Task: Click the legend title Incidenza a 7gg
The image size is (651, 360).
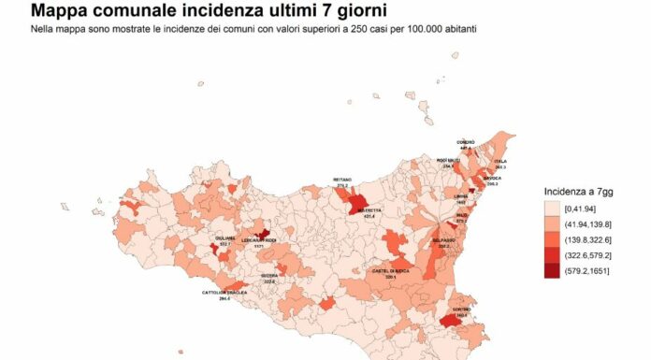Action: coord(582,191)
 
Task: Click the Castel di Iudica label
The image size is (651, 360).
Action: coord(390,271)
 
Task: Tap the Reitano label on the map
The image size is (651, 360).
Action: coord(341,180)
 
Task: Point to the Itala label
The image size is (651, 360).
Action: coord(499,161)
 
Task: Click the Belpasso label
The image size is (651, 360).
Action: coord(443,240)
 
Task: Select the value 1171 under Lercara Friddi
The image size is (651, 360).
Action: coord(258,246)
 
